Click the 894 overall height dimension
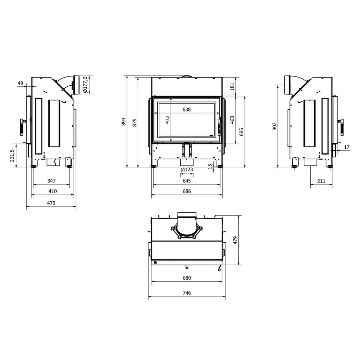[x=123, y=121]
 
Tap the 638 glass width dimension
[x=187, y=109]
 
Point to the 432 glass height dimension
[x=167, y=120]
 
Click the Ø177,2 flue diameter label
[x=85, y=85]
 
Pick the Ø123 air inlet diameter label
[x=187, y=170]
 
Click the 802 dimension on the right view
[x=274, y=126]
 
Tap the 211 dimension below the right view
[x=321, y=181]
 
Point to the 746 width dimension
[x=187, y=293]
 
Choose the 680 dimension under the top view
[x=187, y=278]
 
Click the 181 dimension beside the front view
[x=233, y=86]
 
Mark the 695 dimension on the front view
[x=241, y=131]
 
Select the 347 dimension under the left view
[x=51, y=181]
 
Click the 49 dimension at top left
[x=20, y=83]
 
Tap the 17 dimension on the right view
[x=346, y=147]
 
